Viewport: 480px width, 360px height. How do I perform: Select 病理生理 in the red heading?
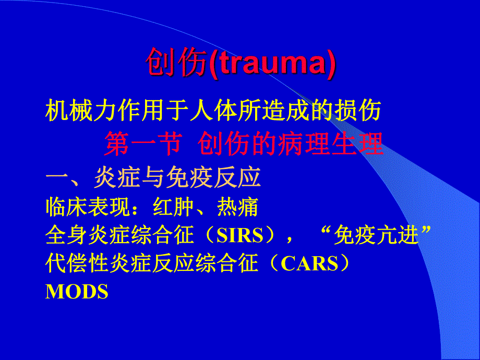pos(331,144)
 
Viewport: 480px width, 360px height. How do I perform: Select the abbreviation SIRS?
pos(240,236)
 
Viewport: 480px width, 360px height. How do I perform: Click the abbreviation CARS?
pos(309,264)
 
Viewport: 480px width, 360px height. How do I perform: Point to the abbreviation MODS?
pos(77,292)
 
